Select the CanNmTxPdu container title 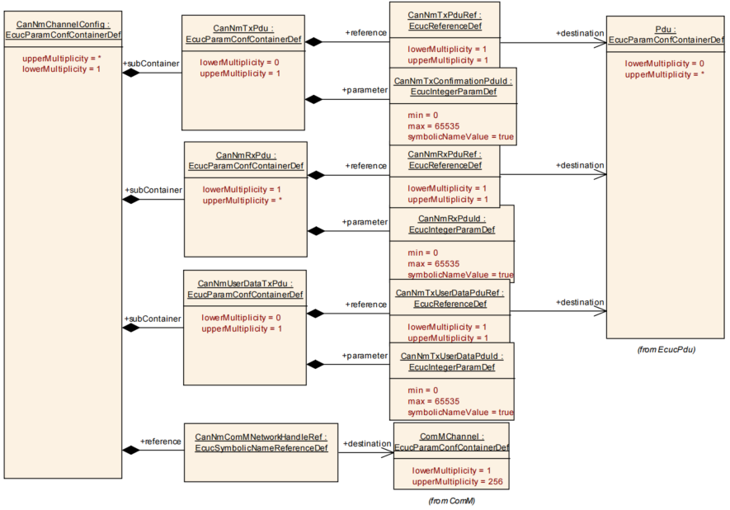(245, 28)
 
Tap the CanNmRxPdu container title (246, 154)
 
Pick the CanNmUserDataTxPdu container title (245, 283)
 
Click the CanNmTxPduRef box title (445, 15)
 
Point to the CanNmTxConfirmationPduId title (454, 81)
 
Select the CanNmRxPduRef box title (445, 154)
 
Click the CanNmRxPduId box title (451, 219)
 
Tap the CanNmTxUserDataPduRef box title (450, 292)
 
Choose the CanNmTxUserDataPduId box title (451, 356)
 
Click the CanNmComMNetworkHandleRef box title (261, 437)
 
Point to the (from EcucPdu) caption (666, 349)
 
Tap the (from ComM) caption (451, 500)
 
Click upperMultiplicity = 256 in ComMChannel (456, 481)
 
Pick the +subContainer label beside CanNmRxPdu (153, 191)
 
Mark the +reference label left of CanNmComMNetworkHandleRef (160, 442)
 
